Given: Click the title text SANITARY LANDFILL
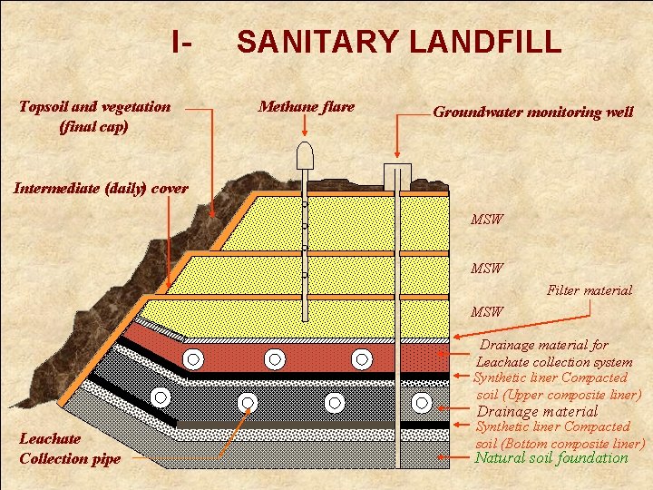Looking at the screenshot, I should [398, 42].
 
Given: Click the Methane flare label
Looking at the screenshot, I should [307, 107].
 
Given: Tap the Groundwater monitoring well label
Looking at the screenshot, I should [532, 113].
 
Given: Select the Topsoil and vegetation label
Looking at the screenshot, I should [94, 116].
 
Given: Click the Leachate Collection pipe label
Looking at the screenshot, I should [69, 448].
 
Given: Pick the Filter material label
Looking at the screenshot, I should [590, 290].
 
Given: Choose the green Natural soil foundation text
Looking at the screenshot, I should [551, 457].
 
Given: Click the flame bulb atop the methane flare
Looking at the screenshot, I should [306, 156].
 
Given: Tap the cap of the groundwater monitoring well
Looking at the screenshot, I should [397, 172].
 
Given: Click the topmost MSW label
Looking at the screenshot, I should [487, 220].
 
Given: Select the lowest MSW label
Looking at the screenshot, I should [487, 312].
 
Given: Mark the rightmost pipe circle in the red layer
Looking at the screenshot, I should [362, 358].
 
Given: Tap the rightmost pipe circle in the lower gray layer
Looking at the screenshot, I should [422, 401].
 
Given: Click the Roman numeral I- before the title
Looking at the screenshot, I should [181, 42].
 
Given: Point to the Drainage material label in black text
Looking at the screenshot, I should [537, 411].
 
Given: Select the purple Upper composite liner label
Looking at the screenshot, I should [557, 386].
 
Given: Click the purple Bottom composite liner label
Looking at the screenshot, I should [559, 435].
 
